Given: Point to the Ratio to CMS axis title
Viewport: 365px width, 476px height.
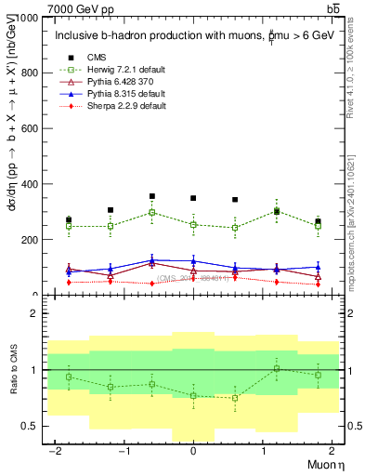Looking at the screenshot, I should click(x=13, y=371).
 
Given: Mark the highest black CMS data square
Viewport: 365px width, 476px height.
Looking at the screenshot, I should click(x=151, y=196).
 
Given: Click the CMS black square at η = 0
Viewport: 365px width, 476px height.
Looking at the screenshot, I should click(x=193, y=198).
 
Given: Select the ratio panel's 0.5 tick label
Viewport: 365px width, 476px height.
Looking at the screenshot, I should click(x=31, y=426).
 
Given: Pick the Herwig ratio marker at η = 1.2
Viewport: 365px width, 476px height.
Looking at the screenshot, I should click(x=277, y=368).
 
